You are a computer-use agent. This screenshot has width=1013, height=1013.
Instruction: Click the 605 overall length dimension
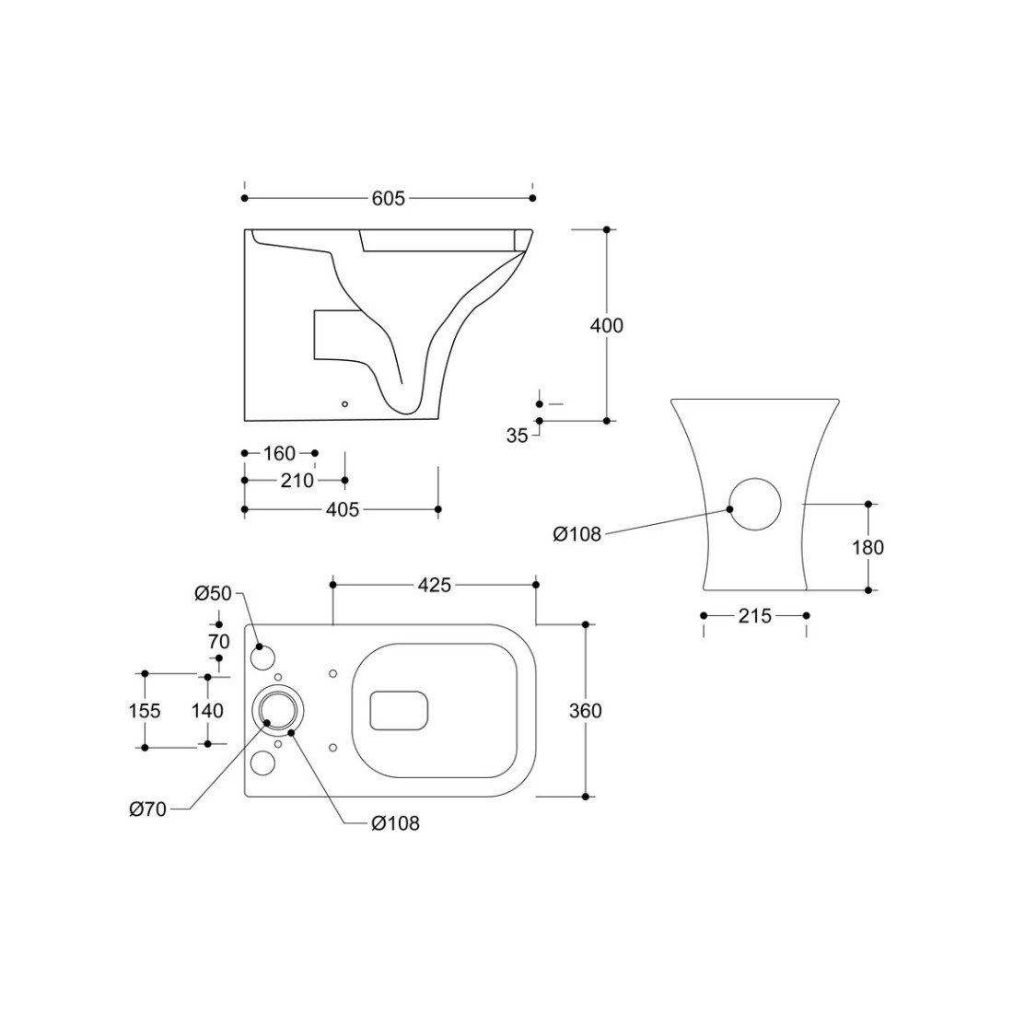pyautogui.click(x=389, y=198)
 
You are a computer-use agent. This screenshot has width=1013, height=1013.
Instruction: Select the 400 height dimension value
pyautogui.click(x=607, y=325)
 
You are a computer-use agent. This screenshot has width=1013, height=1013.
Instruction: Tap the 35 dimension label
pyautogui.click(x=517, y=437)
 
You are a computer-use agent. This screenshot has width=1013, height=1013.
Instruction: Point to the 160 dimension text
pyautogui.click(x=280, y=453)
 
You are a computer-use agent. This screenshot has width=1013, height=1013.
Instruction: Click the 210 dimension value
pyautogui.click(x=297, y=481)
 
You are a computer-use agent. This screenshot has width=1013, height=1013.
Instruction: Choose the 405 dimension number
pyautogui.click(x=343, y=510)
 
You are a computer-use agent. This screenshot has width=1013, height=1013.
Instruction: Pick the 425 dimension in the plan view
pyautogui.click(x=434, y=585)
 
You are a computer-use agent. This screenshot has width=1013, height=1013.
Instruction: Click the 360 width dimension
pyautogui.click(x=586, y=711)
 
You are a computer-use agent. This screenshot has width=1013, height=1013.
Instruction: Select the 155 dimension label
pyautogui.click(x=144, y=711)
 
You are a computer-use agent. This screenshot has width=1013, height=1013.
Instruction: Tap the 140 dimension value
pyautogui.click(x=207, y=711)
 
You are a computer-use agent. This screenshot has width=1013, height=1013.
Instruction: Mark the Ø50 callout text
pyautogui.click(x=213, y=593)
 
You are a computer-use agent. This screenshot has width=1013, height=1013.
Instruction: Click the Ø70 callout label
pyautogui.click(x=148, y=809)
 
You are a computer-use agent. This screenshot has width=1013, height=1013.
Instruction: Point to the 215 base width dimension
pyautogui.click(x=754, y=616)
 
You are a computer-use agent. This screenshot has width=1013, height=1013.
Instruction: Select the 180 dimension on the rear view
pyautogui.click(x=867, y=547)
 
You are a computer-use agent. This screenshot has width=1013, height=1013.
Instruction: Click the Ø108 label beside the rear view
pyautogui.click(x=576, y=534)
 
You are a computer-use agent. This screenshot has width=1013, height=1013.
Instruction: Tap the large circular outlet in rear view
pyautogui.click(x=755, y=505)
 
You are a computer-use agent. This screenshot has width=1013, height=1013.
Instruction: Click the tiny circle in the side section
pyautogui.click(x=345, y=404)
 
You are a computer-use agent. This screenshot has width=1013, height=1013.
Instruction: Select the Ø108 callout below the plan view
pyautogui.click(x=395, y=823)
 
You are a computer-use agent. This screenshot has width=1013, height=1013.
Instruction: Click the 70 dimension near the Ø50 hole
pyautogui.click(x=219, y=642)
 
